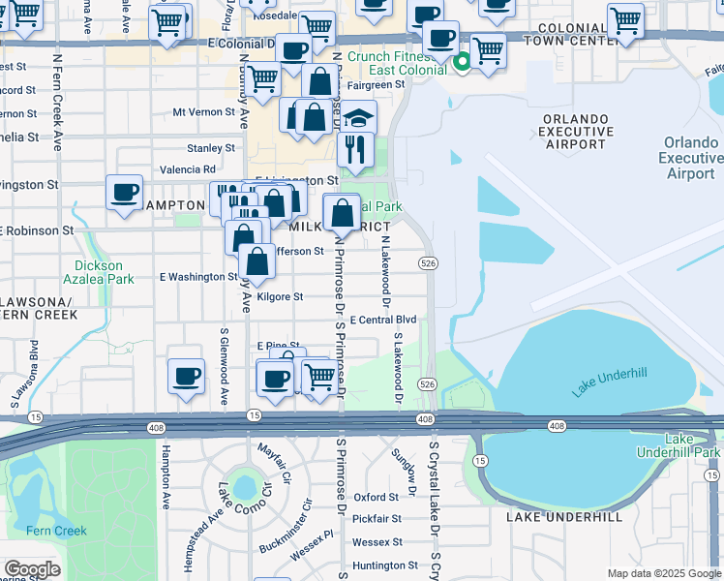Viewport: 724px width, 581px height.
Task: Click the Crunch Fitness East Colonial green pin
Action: [x=463, y=63]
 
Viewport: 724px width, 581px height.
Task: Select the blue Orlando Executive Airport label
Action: [x=689, y=158]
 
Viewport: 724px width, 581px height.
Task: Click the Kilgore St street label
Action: [x=279, y=296]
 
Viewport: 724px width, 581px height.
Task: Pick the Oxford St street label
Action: [x=377, y=497]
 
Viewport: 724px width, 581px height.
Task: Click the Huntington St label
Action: [x=385, y=566]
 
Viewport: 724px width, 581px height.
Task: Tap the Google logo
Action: [x=31, y=569]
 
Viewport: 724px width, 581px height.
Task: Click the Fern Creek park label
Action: [x=56, y=531]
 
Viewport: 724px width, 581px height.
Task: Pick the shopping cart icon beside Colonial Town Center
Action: [x=625, y=19]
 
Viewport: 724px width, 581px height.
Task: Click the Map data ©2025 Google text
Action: [x=663, y=573]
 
